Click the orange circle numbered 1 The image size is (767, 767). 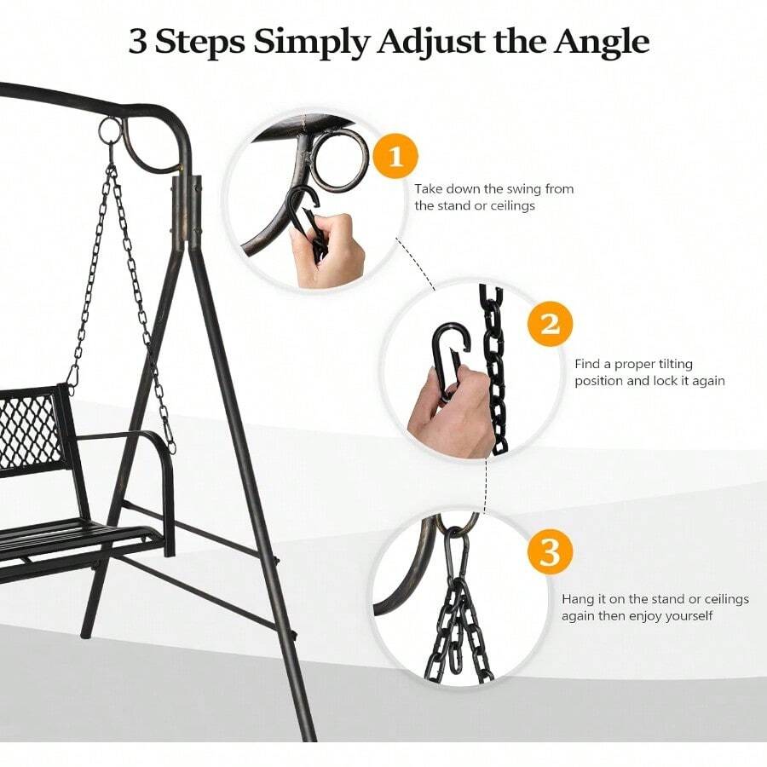click(x=395, y=157)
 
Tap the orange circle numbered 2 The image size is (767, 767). click(x=550, y=324)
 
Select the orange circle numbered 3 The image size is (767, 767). click(x=550, y=551)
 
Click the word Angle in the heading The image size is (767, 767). click(x=601, y=43)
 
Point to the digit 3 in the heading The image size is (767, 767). click(x=138, y=42)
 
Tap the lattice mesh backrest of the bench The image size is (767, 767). click(x=28, y=430)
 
